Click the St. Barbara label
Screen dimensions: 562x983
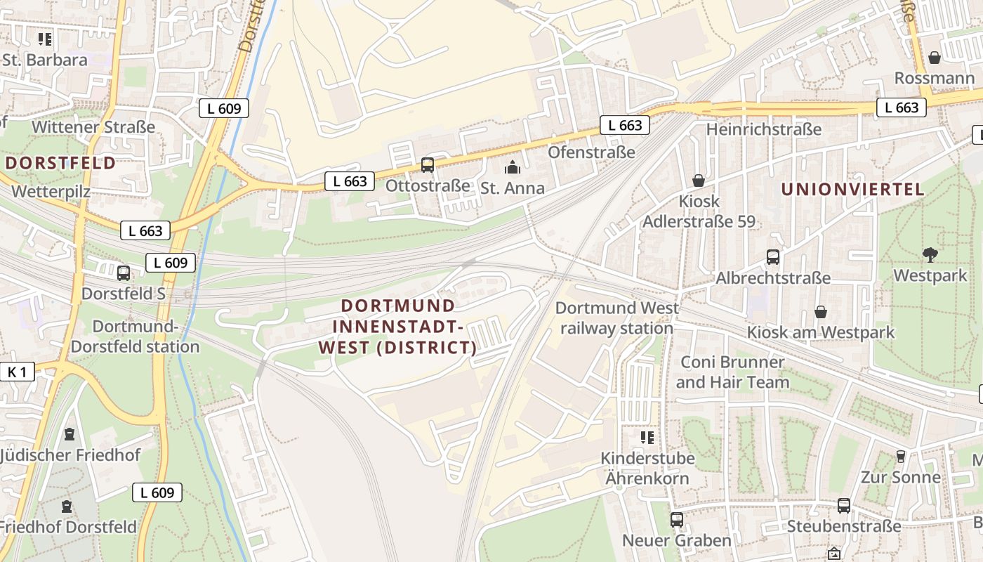(45, 60)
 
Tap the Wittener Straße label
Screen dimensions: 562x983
(93, 127)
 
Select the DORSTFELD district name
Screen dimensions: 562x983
(60, 163)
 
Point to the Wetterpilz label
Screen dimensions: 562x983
(51, 191)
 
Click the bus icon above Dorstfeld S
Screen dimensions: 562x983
(124, 273)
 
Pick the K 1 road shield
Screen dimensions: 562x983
(17, 372)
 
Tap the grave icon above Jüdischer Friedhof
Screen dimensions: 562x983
(69, 434)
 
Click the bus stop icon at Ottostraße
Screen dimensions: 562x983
(427, 165)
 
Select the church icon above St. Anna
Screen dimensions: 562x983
(513, 167)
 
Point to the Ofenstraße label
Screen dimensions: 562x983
(591, 152)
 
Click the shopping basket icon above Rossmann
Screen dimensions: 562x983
(934, 57)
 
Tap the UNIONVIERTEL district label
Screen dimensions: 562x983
(852, 189)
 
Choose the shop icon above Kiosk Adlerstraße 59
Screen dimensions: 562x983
(699, 181)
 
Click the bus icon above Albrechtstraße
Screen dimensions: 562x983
(773, 257)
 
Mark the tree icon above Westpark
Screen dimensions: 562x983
(930, 254)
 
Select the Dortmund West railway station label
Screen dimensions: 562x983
(617, 318)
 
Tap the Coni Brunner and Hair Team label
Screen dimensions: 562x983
(732, 372)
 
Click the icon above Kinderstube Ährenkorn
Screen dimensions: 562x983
(647, 438)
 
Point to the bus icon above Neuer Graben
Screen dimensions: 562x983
(677, 520)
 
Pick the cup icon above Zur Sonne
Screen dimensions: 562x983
(901, 457)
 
